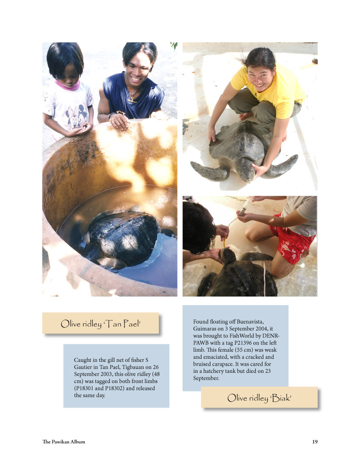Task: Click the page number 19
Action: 315,441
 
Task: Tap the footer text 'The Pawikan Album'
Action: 64,441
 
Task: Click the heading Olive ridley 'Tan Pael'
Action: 100,324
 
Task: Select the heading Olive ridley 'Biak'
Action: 259,398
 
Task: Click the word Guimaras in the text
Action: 204,329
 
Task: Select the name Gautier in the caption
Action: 83,367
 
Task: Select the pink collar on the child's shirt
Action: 68,86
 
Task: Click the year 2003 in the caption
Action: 106,374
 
